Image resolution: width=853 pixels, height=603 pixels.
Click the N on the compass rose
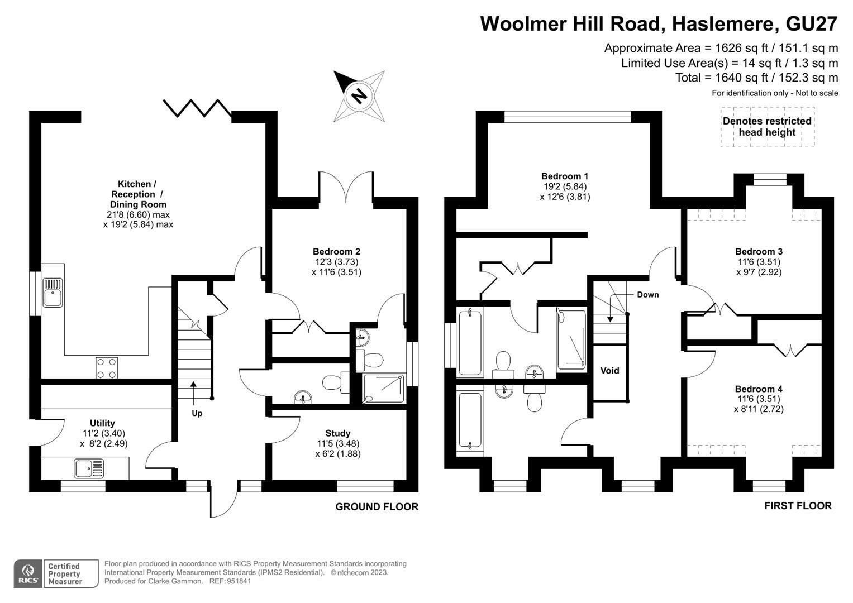click(x=359, y=95)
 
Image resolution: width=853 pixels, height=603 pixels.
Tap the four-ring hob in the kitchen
click(x=107, y=368)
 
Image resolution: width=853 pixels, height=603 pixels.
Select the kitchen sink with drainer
click(x=53, y=293)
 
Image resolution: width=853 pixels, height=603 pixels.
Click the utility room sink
click(x=89, y=468)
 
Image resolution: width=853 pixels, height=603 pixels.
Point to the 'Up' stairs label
click(x=197, y=413)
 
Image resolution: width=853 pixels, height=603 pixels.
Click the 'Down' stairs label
click(x=648, y=295)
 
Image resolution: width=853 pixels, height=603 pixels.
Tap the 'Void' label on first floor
click(x=609, y=370)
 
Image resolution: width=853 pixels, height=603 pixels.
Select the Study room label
click(x=338, y=433)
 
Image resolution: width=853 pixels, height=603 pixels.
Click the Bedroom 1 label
click(x=565, y=176)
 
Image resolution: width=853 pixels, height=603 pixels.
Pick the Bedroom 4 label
click(x=759, y=389)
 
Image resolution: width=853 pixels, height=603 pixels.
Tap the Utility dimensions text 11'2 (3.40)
click(x=103, y=433)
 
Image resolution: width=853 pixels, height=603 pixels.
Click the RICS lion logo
click(x=28, y=574)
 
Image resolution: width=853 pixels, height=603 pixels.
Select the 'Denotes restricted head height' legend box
click(x=768, y=127)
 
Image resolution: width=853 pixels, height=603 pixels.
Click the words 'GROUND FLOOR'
click(x=377, y=507)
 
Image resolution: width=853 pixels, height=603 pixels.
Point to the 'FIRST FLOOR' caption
click(x=798, y=505)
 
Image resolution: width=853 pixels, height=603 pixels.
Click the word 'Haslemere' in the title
click(x=723, y=24)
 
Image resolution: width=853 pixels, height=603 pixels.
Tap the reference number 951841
click(x=239, y=581)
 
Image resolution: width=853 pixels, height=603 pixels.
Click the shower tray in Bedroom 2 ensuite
click(x=383, y=388)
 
